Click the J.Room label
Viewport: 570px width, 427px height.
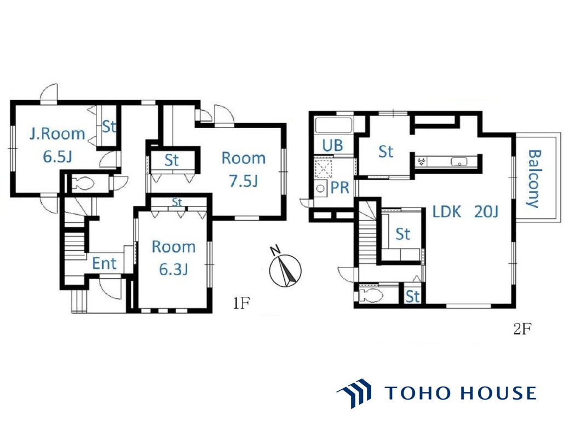coord(57,134)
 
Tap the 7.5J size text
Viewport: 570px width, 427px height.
coord(243,181)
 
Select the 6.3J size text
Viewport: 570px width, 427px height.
coord(174,270)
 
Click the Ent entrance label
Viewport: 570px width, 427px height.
coord(105,263)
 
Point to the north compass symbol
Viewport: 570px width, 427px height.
coord(285,268)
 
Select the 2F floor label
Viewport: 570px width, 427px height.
coord(522,329)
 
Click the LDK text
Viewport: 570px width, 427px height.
coord(446,211)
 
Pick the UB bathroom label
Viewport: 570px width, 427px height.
coord(332,146)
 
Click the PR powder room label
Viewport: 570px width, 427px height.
coord(340,188)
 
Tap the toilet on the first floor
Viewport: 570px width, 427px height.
coord(83,183)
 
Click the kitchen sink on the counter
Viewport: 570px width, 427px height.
coord(459,161)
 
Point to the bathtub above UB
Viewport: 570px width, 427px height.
coord(333,125)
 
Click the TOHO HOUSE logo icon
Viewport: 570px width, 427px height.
coord(354,393)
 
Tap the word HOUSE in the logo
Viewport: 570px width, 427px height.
coord(498,393)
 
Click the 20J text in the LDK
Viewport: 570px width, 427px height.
coord(486,211)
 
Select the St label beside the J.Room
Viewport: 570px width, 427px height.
coord(109,126)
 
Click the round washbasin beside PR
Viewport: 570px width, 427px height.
coord(320,189)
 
